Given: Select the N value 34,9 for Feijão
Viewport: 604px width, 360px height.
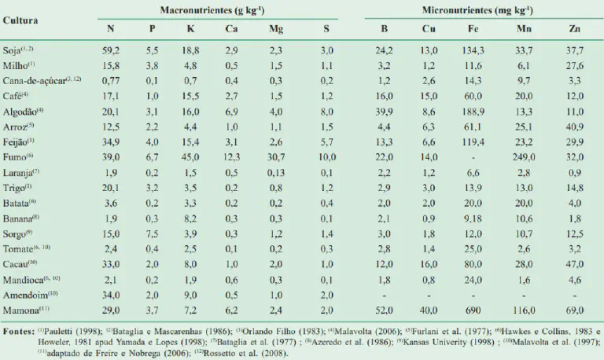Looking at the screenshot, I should point(110,141).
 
